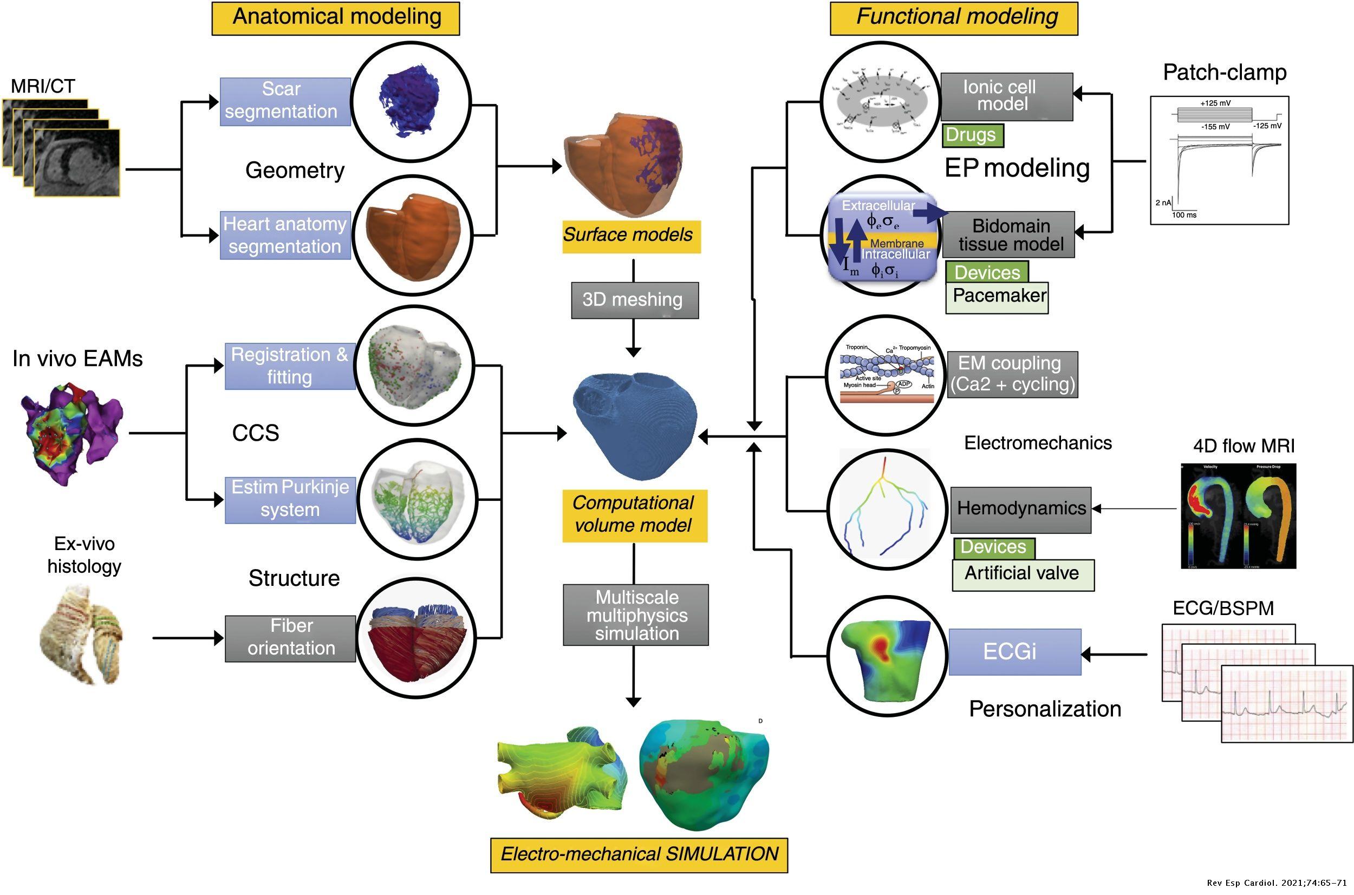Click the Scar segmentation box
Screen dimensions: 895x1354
tap(285, 101)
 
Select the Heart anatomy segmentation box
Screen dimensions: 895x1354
tap(285, 235)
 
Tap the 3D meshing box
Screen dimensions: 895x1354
tap(634, 299)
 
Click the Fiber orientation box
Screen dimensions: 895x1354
tap(290, 638)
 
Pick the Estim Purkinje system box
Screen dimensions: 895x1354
tap(290, 499)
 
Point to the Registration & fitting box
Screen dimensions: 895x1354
tap(290, 366)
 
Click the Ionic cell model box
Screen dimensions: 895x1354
tap(1006, 96)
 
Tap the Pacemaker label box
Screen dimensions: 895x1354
tap(997, 296)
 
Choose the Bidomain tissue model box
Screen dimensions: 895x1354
tap(1009, 234)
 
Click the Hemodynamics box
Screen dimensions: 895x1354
tap(1020, 509)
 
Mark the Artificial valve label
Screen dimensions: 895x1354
tap(1022, 573)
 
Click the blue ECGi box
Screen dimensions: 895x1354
tap(1014, 651)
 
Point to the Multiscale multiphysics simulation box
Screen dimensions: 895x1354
tap(635, 615)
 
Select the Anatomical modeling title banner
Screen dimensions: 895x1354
tap(336, 18)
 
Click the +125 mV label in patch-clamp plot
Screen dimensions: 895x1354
tap(1215, 103)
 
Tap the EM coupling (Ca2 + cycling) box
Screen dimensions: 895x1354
tap(1012, 374)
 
